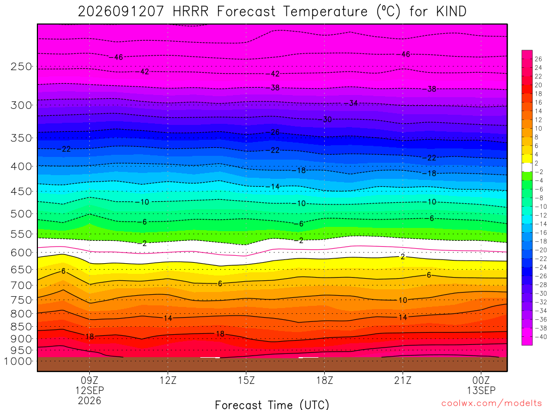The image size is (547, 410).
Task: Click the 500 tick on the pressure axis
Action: click(x=21, y=214)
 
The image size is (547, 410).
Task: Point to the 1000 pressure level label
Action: click(x=19, y=361)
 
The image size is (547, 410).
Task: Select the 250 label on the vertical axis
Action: click(x=21, y=67)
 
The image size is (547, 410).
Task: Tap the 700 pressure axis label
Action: click(x=21, y=286)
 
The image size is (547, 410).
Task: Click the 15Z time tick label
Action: click(x=246, y=380)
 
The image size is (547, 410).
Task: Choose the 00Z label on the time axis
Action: click(x=481, y=380)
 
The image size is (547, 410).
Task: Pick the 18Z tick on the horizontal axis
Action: click(x=325, y=380)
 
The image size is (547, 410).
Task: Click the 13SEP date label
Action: click(x=481, y=390)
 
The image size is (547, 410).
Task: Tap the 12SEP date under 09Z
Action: click(x=90, y=390)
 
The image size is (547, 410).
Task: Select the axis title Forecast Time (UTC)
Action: click(x=272, y=405)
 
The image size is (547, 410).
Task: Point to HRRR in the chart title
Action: click(x=191, y=12)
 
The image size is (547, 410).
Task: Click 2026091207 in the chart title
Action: click(x=121, y=12)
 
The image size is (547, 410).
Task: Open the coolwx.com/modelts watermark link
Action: click(x=491, y=404)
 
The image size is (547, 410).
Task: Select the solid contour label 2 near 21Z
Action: click(x=403, y=257)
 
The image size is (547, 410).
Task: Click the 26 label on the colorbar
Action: click(x=538, y=59)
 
